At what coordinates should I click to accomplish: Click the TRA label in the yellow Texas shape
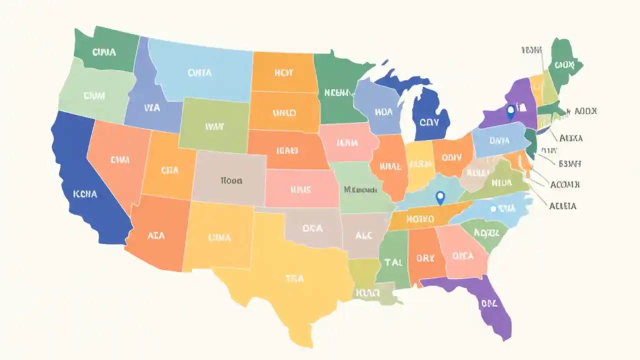[x=294, y=278]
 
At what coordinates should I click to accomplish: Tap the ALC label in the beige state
[x=363, y=235]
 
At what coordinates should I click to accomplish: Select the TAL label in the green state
[x=393, y=261]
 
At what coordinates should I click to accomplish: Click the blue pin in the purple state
[x=510, y=111]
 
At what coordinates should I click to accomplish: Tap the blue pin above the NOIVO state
[x=440, y=197]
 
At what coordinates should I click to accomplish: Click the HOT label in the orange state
[x=283, y=72]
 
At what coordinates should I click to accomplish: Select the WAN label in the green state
[x=214, y=126]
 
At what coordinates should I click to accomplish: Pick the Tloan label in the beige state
[x=230, y=180]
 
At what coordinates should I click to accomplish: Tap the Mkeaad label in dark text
[x=360, y=190]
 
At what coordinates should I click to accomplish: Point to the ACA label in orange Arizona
[x=156, y=236]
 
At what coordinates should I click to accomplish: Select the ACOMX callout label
[x=564, y=184]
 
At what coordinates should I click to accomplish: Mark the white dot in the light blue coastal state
[x=493, y=209]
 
